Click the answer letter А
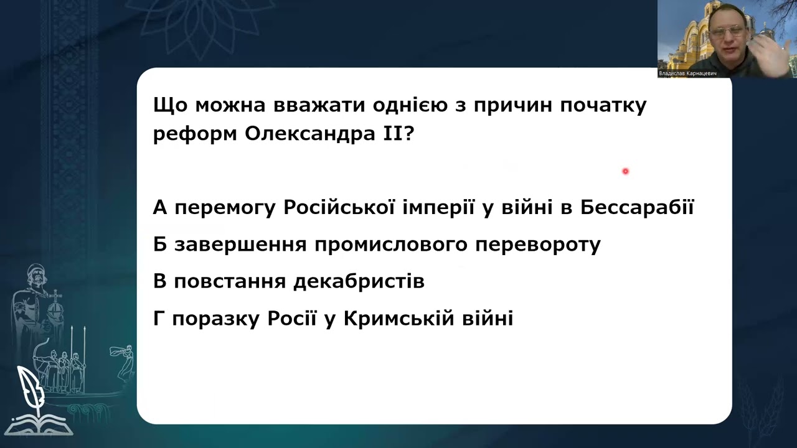pyautogui.click(x=160, y=207)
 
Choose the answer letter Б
pyautogui.click(x=160, y=245)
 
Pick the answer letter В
pyautogui.click(x=160, y=282)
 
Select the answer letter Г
pyautogui.click(x=159, y=319)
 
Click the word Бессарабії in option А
pyautogui.click(x=637, y=207)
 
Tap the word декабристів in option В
pyautogui.click(x=359, y=282)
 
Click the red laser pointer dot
pyautogui.click(x=625, y=171)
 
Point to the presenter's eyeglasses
pyautogui.click(x=730, y=29)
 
